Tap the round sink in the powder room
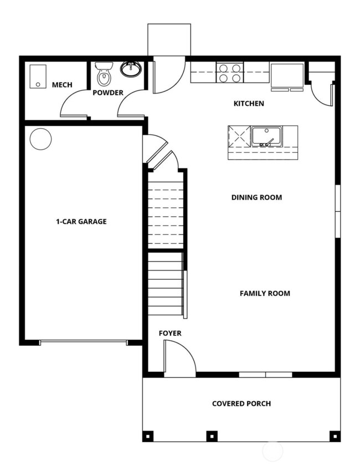tap(131, 69)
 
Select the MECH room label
tap(61, 85)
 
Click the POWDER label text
tap(108, 93)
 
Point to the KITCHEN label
tap(249, 104)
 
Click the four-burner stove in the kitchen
tap(230, 73)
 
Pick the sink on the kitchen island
tap(266, 136)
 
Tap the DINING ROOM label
tap(256, 197)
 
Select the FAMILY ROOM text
tap(265, 293)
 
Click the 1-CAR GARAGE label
tap(81, 222)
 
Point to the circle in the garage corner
tap(40, 139)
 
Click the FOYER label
tap(170, 333)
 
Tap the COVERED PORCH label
tap(241, 403)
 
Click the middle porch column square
tap(212, 436)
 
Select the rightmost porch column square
tap(335, 436)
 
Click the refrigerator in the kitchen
tap(287, 76)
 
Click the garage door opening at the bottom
tap(83, 342)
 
